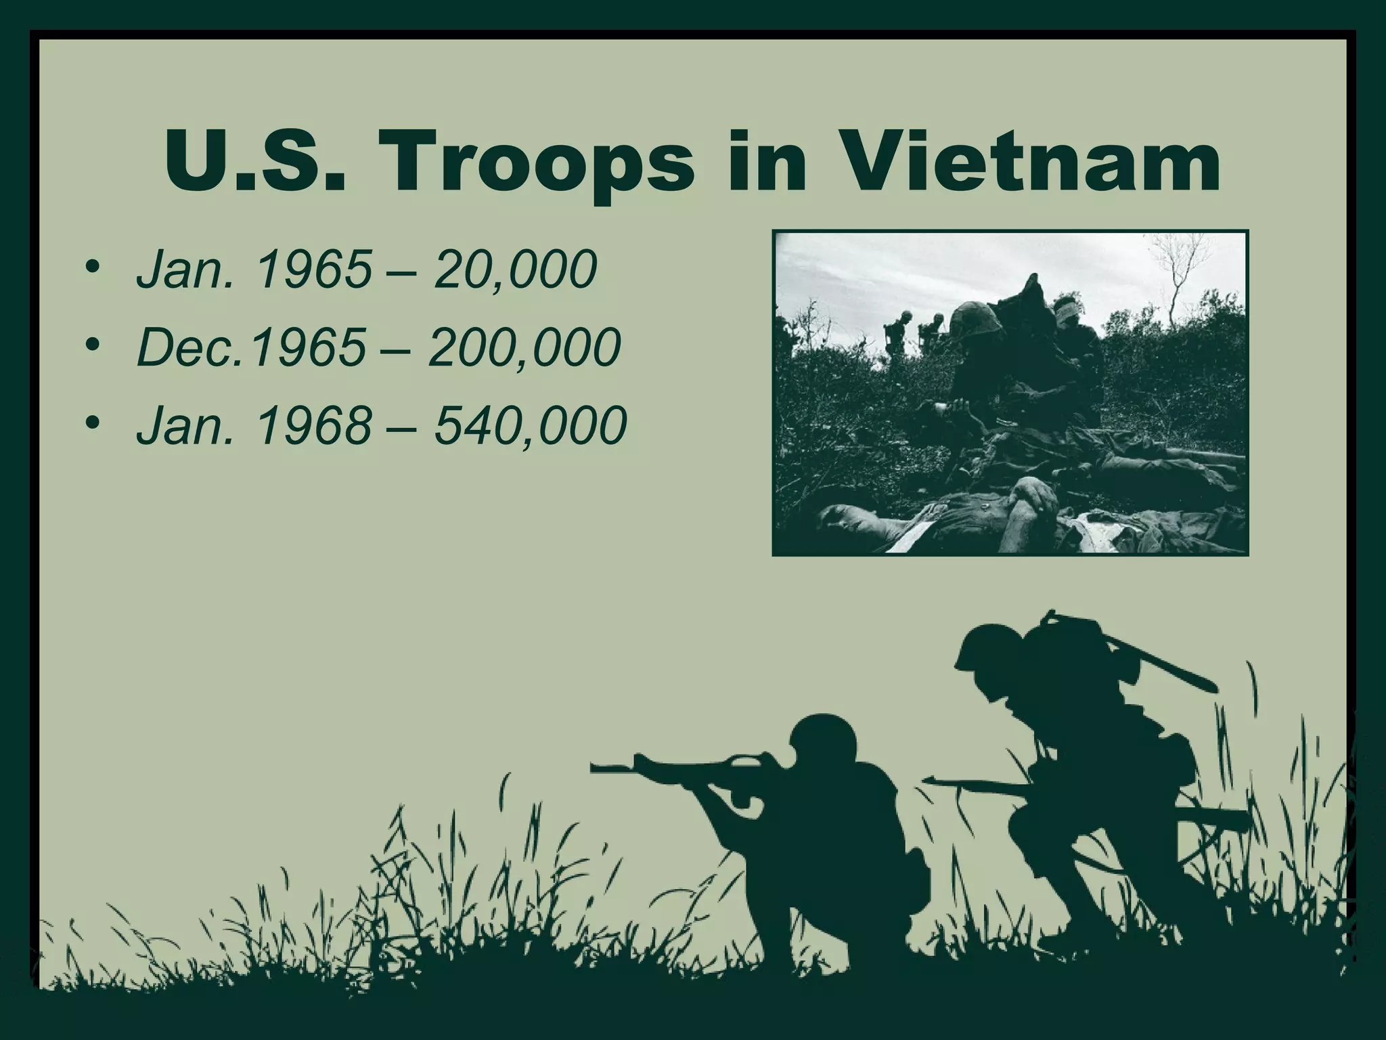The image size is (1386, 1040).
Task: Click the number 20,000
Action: click(516, 269)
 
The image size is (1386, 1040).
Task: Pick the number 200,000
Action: click(525, 348)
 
